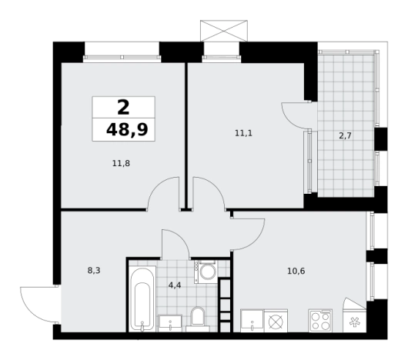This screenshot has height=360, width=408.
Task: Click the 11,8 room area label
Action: click(x=121, y=164)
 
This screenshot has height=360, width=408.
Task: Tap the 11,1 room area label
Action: click(x=243, y=133)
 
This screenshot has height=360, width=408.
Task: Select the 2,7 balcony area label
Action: click(x=346, y=135)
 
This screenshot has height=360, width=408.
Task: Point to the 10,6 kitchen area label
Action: click(x=296, y=271)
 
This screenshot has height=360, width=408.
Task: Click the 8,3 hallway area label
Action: click(x=94, y=271)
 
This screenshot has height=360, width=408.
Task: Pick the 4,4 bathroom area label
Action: click(x=175, y=285)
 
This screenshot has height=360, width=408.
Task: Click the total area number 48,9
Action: click(x=127, y=129)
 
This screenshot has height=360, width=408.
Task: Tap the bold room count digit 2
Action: click(x=123, y=108)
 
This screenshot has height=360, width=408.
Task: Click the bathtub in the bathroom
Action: click(x=142, y=299)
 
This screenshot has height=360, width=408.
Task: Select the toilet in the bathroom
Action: click(x=198, y=319)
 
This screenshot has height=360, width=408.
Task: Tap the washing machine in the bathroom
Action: click(x=206, y=272)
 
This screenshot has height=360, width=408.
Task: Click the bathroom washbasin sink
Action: click(x=170, y=323)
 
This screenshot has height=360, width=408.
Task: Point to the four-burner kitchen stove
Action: click(x=320, y=321)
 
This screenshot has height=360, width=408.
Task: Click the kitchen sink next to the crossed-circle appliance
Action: click(x=252, y=321)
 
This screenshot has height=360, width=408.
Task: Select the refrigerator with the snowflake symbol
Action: click(x=355, y=321)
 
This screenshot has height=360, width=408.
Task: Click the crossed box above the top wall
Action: click(x=224, y=31)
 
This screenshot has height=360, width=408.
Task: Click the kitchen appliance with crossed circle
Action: click(x=276, y=321)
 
